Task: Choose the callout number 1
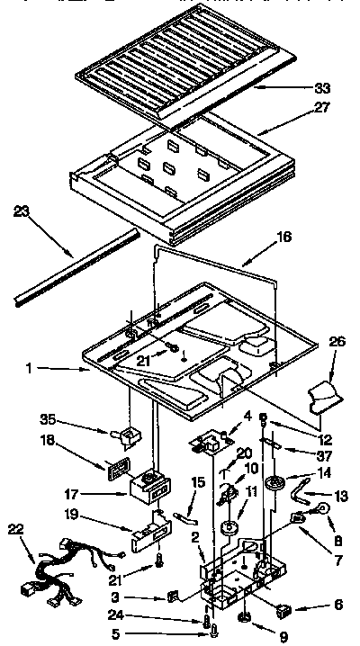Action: click(x=30, y=369)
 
